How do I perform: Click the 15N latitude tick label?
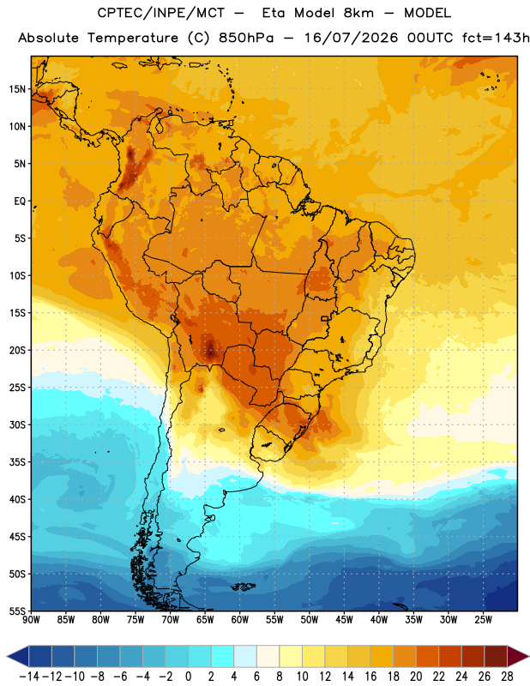coord(17,89)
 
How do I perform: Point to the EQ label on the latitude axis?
coord(20,202)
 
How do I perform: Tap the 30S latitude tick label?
coord(17,424)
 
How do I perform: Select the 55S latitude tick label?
coord(17,611)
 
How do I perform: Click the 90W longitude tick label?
coord(31,620)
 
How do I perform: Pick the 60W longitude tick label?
coord(240,620)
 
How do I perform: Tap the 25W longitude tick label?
coord(483,620)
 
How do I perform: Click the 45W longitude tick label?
coord(344,620)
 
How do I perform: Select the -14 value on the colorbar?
coord(29,677)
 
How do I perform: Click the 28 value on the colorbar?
coord(507,677)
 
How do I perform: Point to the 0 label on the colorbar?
coord(188,677)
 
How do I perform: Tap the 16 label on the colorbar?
coord(370,677)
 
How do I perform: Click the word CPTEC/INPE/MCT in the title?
coord(161,13)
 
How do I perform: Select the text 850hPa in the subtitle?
coord(246,38)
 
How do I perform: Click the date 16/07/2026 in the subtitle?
coord(352,38)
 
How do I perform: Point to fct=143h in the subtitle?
coord(496,38)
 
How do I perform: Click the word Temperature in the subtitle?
coord(133,38)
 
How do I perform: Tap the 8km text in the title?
coord(358,13)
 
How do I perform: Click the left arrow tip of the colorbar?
coord(8,656)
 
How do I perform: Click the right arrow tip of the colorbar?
coord(528,656)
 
